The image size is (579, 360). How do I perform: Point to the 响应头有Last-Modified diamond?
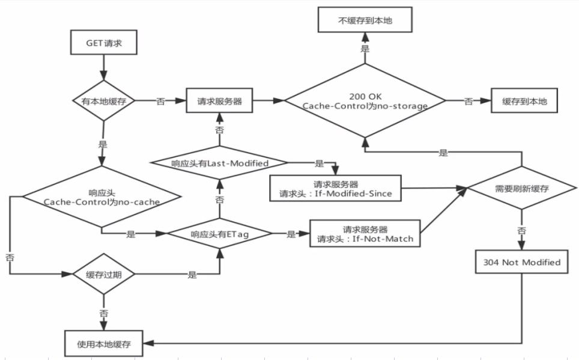tap(219, 163)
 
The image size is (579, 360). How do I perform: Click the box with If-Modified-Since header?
tap(335, 188)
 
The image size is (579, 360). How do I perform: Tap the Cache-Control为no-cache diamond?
tap(102, 197)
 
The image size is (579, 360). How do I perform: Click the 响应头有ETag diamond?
tap(219, 234)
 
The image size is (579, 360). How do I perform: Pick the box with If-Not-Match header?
tap(365, 234)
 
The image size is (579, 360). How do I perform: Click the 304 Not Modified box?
tap(521, 262)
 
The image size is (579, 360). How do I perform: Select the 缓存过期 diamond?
tap(103, 275)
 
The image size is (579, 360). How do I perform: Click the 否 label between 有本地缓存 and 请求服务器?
tap(160, 102)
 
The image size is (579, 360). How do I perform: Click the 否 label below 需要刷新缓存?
tap(521, 230)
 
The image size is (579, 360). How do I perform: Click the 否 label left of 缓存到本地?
tap(468, 102)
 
